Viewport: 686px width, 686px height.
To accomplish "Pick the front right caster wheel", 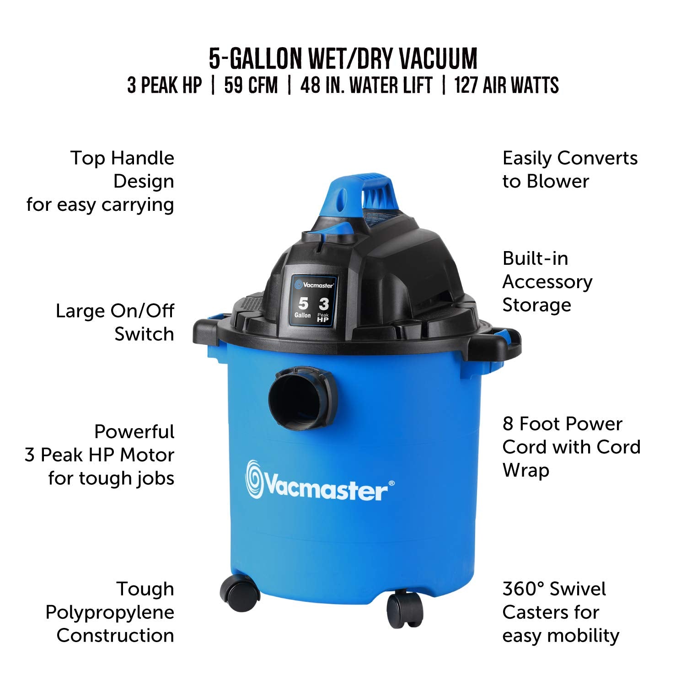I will [405, 608].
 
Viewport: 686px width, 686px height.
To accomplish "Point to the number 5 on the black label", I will [303, 303].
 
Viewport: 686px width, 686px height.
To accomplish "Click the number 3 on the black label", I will [324, 304].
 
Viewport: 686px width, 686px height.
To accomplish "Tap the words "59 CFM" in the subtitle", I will [251, 86].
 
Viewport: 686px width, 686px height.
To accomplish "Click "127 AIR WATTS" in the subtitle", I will [506, 86].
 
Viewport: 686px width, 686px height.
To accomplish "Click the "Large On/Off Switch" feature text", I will [115, 322].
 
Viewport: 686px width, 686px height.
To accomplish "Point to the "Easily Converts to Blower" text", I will [569, 170].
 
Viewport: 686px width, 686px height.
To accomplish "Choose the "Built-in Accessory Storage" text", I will [547, 282].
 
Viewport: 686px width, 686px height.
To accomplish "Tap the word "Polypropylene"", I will [110, 612].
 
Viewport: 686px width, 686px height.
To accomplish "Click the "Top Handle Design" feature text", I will [122, 170].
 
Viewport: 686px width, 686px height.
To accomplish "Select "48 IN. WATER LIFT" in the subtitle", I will [366, 86].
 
